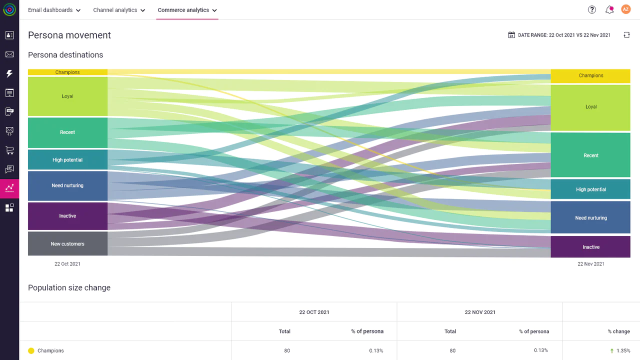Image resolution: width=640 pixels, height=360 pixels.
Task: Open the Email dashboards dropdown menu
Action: pyautogui.click(x=54, y=10)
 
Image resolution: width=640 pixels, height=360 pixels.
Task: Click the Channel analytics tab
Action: pyautogui.click(x=119, y=10)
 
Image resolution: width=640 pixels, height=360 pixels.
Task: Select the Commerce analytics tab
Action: pyautogui.click(x=187, y=10)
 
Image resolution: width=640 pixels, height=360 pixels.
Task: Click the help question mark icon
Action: pyautogui.click(x=592, y=9)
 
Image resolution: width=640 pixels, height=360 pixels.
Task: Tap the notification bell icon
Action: pyautogui.click(x=609, y=9)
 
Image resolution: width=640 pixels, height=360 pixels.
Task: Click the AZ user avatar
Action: pyautogui.click(x=626, y=9)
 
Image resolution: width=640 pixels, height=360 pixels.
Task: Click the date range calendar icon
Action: pyautogui.click(x=511, y=35)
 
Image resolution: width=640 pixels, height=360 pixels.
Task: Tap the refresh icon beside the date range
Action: pyautogui.click(x=626, y=35)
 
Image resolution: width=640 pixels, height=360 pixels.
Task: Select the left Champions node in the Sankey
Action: pyautogui.click(x=67, y=72)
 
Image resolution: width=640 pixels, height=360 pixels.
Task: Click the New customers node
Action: pyautogui.click(x=67, y=244)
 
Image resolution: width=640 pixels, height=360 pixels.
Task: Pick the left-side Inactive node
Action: pyautogui.click(x=67, y=216)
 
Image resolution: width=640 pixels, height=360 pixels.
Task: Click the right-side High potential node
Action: pyautogui.click(x=590, y=189)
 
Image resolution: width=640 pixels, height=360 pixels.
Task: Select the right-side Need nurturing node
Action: pyautogui.click(x=590, y=218)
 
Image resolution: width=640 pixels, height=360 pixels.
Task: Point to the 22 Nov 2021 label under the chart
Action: pyautogui.click(x=590, y=264)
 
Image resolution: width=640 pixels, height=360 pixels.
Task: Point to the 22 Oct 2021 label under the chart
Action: pyautogui.click(x=67, y=264)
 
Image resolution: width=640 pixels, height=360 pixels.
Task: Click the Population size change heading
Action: pyautogui.click(x=69, y=288)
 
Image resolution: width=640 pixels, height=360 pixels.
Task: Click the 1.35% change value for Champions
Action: pyautogui.click(x=623, y=351)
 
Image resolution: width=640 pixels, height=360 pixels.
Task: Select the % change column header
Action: pyautogui.click(x=618, y=331)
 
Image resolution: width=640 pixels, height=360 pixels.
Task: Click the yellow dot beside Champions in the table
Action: pyautogui.click(x=31, y=351)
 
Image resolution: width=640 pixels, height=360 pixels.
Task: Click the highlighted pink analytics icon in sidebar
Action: pyautogui.click(x=9, y=188)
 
